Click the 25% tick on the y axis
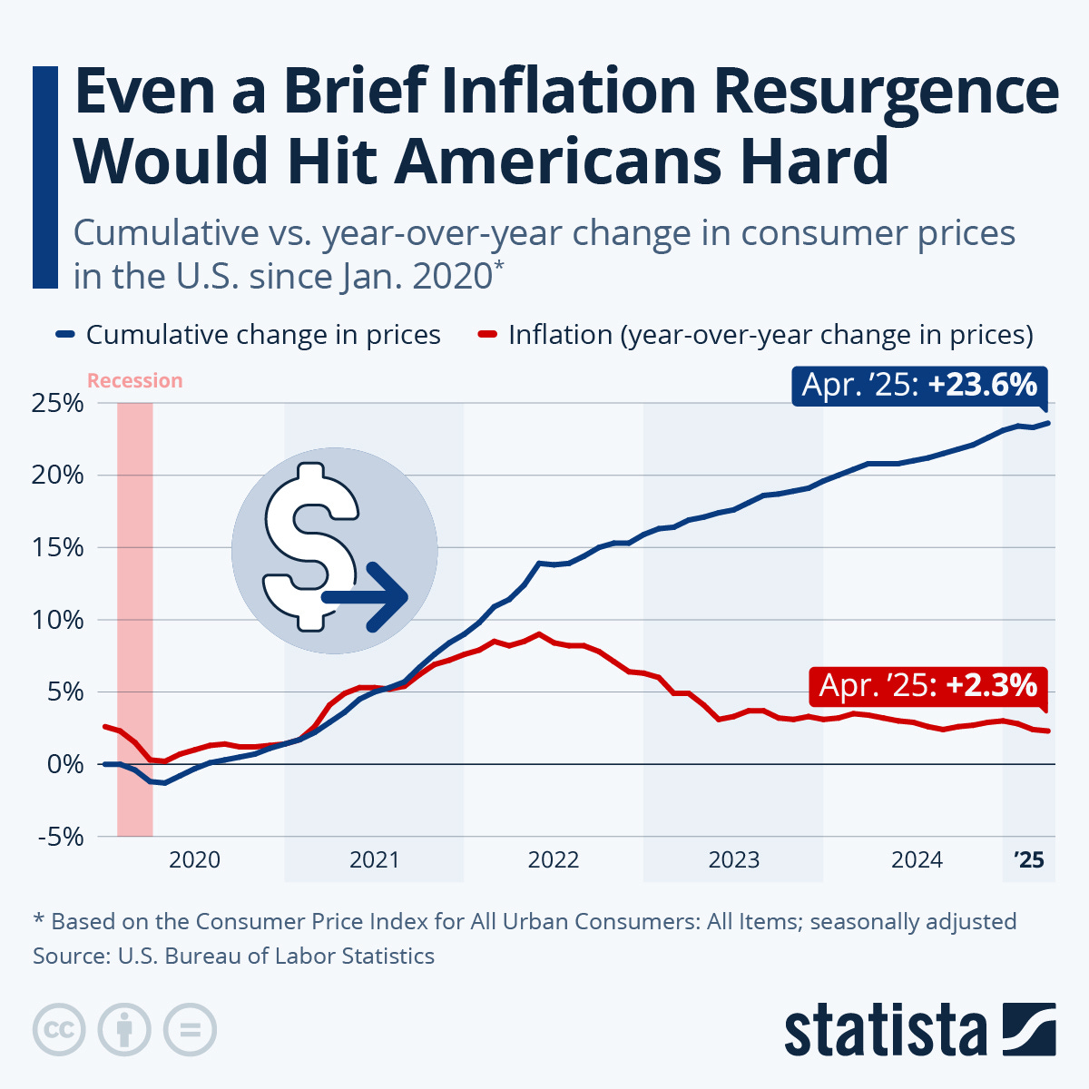click(x=58, y=403)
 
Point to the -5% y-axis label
click(x=60, y=837)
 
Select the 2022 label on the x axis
click(x=554, y=859)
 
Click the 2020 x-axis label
click(x=194, y=859)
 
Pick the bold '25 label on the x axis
click(x=1029, y=859)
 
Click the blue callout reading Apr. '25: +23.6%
click(x=919, y=386)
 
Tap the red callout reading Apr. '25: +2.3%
click(x=927, y=685)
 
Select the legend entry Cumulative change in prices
click(x=262, y=335)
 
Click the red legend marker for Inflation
click(x=487, y=335)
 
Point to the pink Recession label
click(x=134, y=381)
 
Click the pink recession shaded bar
click(x=134, y=617)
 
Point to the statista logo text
click(x=885, y=1031)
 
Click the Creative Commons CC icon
click(x=59, y=1030)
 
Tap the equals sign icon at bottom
click(x=190, y=1030)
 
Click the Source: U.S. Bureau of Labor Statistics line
click(x=233, y=956)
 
